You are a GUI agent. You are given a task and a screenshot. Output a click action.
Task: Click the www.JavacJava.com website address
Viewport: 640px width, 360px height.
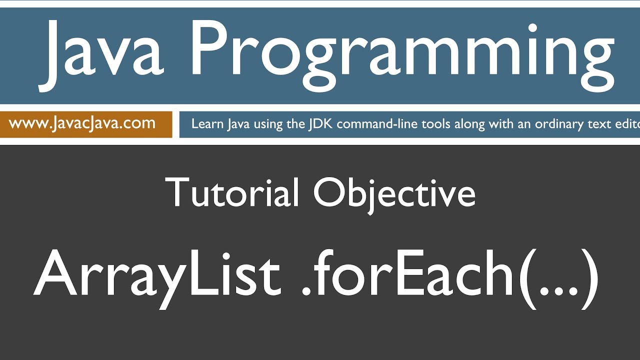82,123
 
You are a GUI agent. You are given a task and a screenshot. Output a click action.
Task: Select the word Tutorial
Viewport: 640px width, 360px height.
232,192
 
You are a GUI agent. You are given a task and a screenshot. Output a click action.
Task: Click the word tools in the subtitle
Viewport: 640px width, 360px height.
436,124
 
